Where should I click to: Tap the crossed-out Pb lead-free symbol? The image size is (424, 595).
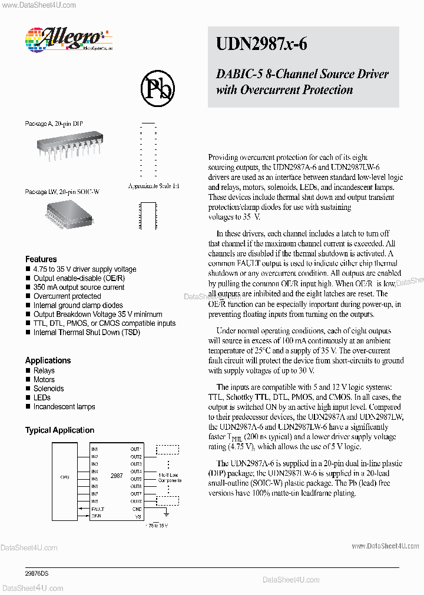[157, 88]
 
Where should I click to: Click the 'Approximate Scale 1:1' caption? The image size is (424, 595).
[153, 186]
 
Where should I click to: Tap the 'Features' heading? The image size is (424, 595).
[41, 259]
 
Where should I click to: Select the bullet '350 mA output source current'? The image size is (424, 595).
[78, 288]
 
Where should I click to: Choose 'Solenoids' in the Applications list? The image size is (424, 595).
[48, 389]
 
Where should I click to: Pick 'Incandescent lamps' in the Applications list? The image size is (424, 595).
[64, 407]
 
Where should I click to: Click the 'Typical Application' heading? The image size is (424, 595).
[59, 430]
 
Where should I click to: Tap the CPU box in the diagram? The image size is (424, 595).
[65, 477]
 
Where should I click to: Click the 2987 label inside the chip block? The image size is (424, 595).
[117, 476]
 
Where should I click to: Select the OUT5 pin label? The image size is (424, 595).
[136, 479]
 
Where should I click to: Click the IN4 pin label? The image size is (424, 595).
[94, 472]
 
